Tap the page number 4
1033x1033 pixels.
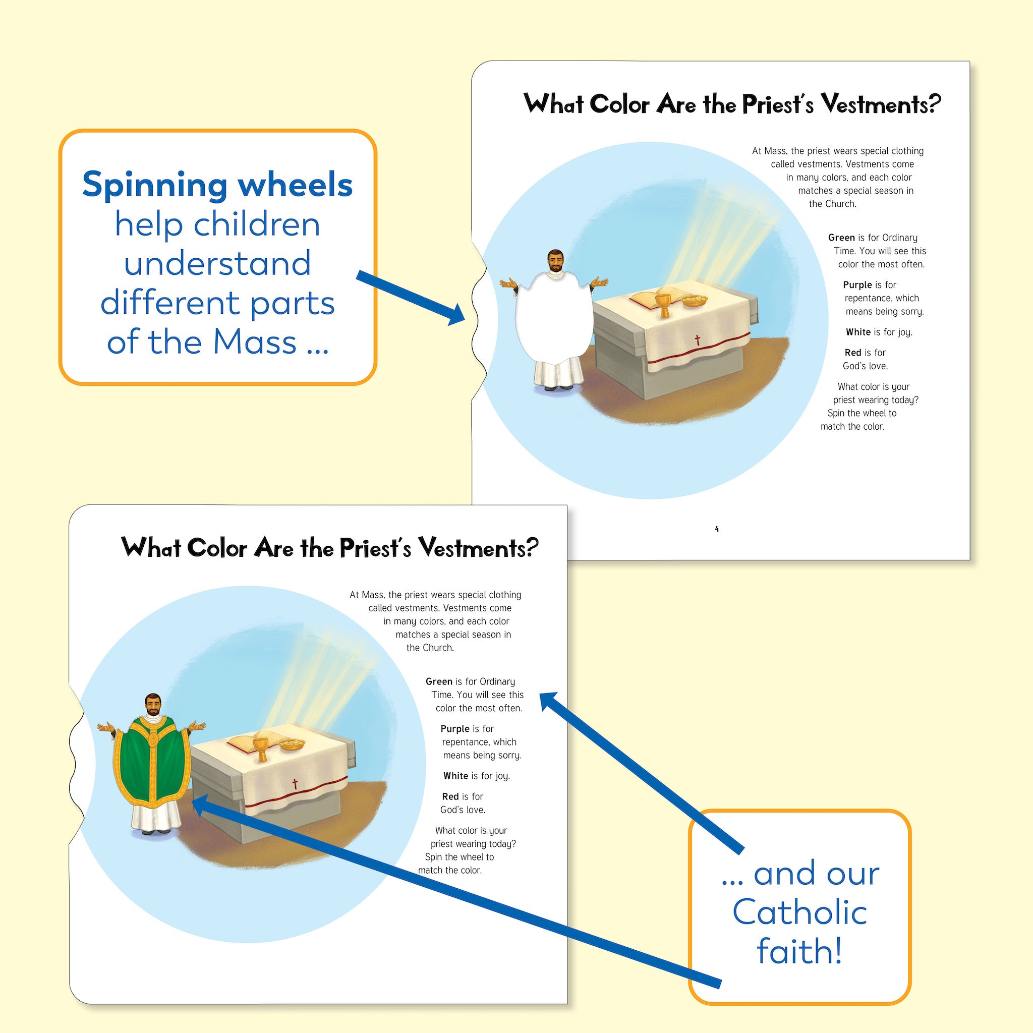(x=716, y=529)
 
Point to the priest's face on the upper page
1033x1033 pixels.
(x=555, y=261)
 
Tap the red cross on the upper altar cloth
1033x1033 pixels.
(x=697, y=340)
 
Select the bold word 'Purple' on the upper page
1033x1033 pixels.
(x=857, y=285)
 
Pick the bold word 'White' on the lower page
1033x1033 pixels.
(x=455, y=776)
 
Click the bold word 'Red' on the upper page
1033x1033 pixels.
(x=853, y=353)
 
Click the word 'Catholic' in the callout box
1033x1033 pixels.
(x=799, y=911)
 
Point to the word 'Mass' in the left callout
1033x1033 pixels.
(x=254, y=342)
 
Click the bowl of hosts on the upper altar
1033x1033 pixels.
(x=694, y=301)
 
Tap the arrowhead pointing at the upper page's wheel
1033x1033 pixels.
(x=455, y=315)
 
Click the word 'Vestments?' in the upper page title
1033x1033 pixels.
(x=880, y=104)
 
